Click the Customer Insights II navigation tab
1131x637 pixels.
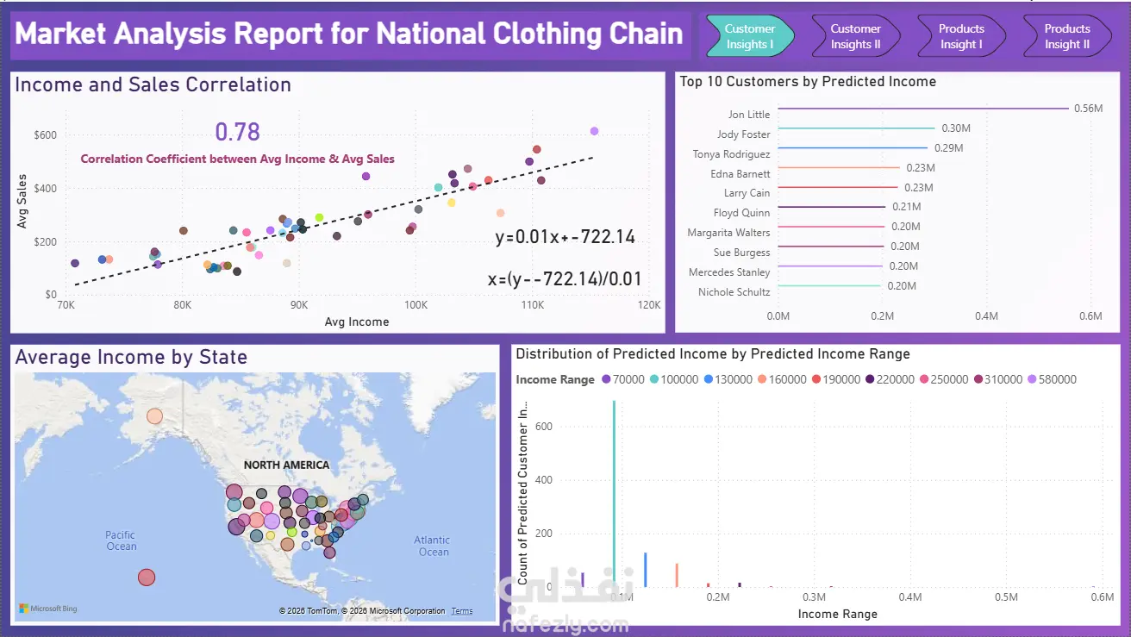tap(855, 36)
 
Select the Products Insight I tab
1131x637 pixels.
tap(961, 36)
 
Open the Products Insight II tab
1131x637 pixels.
tap(1067, 36)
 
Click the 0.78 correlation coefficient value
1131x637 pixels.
tap(237, 132)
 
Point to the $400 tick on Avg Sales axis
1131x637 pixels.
tap(45, 188)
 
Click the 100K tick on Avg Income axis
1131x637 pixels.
tap(416, 305)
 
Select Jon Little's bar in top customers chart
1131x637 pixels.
tap(923, 109)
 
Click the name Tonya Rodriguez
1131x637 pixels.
tap(731, 154)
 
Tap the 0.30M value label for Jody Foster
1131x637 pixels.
tap(956, 128)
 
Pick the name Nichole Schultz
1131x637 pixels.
tap(734, 292)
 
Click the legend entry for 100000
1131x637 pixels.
tap(674, 379)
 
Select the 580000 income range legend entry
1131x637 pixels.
tap(1052, 379)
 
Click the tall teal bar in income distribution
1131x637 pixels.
tap(614, 493)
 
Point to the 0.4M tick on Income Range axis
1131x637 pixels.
tap(909, 597)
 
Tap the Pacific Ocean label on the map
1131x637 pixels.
tap(122, 540)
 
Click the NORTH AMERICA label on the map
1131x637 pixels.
tap(286, 465)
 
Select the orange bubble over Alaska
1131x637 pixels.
tap(154, 416)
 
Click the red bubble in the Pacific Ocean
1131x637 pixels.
tap(147, 577)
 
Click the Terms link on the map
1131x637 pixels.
tap(462, 611)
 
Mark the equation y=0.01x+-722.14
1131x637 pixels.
tap(565, 237)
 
